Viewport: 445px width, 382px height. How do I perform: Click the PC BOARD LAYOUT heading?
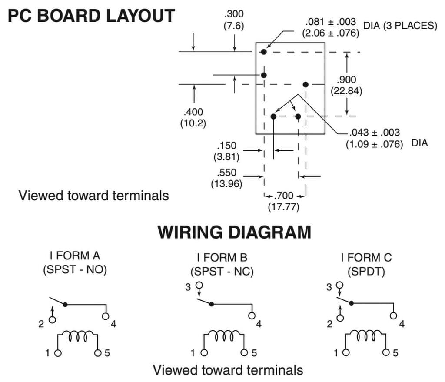pos(91,16)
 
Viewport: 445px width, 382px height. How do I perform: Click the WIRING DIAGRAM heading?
pos(234,232)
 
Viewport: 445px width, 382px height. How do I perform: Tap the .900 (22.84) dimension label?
pos(346,85)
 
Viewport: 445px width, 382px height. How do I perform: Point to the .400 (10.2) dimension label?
pos(193,117)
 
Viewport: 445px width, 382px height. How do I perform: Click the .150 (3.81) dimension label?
pos(226,150)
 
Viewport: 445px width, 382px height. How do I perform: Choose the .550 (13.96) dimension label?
pos(226,178)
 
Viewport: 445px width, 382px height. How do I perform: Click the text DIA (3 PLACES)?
pos(400,26)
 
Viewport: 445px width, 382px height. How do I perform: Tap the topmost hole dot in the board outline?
pos(264,52)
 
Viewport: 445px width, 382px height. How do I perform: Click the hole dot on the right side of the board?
pos(306,84)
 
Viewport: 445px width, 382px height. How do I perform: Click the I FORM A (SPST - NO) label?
pos(75,263)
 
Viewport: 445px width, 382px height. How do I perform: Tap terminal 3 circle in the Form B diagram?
pos(199,286)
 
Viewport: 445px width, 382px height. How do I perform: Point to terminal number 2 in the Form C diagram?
pos(330,324)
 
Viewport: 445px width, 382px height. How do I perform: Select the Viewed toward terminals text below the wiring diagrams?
pos(228,370)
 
